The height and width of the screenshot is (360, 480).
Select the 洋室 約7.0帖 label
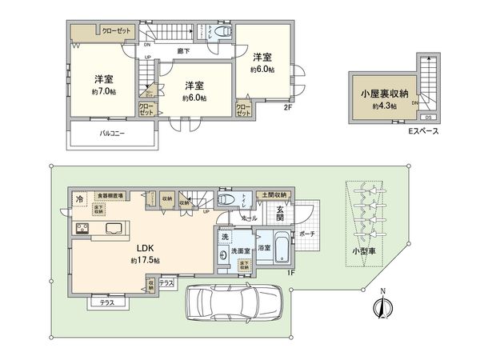tap(102, 84)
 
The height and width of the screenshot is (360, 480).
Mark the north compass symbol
tap(382, 306)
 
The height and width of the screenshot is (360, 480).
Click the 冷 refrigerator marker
tap(80, 198)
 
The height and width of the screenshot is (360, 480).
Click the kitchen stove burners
tap(82, 230)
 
